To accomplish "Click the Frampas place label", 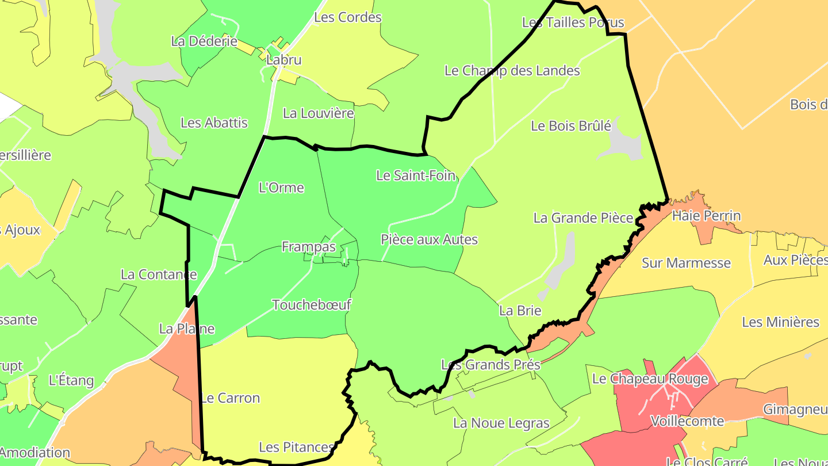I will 309,247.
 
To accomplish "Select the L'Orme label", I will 281,188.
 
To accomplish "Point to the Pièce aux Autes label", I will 429,239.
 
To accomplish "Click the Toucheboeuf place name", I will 311,305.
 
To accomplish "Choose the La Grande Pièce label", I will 583,218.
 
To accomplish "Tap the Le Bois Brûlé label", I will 570,125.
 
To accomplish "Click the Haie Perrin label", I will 706,216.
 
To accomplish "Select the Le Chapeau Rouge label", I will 650,379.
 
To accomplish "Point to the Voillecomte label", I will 687,421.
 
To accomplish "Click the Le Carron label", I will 230,398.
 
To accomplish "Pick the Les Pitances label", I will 296,447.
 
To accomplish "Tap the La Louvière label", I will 319,113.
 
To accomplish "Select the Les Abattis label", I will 214,123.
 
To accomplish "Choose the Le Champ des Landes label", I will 512,71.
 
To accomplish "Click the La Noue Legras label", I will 501,423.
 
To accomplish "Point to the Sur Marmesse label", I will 686,263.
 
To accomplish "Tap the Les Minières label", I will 780,322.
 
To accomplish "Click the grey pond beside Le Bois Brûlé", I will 621,144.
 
